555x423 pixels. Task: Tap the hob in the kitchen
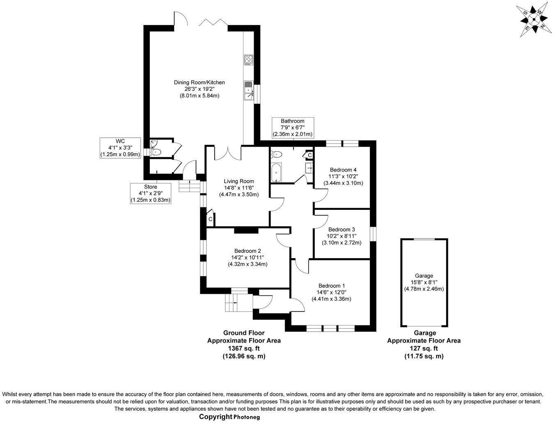pos(249,60)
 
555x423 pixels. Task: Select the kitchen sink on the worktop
pos(248,91)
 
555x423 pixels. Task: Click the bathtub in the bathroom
pos(276,172)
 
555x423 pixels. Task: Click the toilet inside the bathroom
pos(277,155)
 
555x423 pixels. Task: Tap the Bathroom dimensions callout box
pos(292,127)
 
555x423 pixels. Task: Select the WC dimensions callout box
pos(120,148)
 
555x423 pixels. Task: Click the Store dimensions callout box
pos(150,193)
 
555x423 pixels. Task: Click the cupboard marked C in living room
pos(210,219)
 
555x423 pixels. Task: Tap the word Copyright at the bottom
pos(216,416)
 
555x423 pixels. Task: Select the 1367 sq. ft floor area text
pos(244,348)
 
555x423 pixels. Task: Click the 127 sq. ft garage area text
pos(424,348)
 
